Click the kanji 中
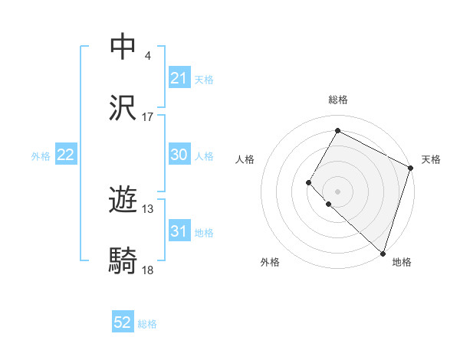coord(124,47)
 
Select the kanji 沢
coord(124,109)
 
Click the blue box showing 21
coord(179,78)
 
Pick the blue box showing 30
coord(179,155)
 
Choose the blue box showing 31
coord(179,231)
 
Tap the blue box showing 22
coord(66,155)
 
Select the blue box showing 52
coord(123,322)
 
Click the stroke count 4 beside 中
coord(147,56)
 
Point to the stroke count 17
coord(148,117)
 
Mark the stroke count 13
coord(148,209)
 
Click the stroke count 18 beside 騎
coord(148,270)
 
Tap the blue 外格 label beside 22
coord(41,155)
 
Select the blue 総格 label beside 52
coord(147,324)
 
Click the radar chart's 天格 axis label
coord(431,159)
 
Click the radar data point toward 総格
coord(337,130)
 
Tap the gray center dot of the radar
coord(337,191)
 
